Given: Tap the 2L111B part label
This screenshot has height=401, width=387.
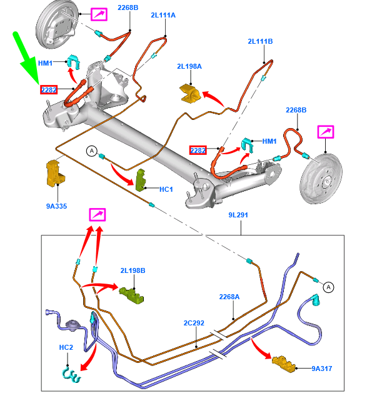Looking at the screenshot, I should pos(260,42).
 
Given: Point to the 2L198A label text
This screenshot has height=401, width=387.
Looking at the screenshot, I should pos(189,66).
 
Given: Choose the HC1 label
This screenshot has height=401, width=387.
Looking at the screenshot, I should pos(166,189).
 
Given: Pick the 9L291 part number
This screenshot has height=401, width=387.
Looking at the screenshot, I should pos(238,215).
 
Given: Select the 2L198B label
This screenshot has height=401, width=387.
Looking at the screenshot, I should pos(133,270).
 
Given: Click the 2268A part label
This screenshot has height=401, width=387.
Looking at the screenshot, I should pos(229,297).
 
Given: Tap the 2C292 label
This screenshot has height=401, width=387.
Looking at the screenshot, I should pos(194,324).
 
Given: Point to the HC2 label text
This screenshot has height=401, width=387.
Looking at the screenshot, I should pos(66,347).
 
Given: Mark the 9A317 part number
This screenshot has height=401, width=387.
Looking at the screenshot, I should pos(323,369).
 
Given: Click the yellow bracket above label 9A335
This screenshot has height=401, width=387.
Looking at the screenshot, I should pos(54,174).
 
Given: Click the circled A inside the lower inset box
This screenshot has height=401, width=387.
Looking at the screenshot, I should pos(329,287).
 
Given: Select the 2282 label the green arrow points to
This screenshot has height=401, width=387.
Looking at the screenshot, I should pos(49,90).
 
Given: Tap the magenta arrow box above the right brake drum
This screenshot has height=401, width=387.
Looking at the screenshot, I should pos(326,132).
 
